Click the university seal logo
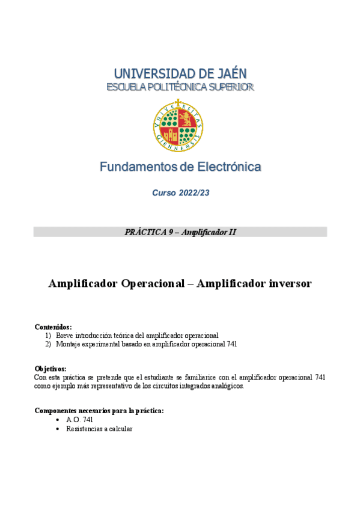pos(180,125)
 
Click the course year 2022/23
pos(192,193)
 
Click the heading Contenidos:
pos(53,327)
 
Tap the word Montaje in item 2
pos(69,344)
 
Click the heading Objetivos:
pos(50,369)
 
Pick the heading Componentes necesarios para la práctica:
pos(99,411)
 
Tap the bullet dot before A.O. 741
pos(56,420)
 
